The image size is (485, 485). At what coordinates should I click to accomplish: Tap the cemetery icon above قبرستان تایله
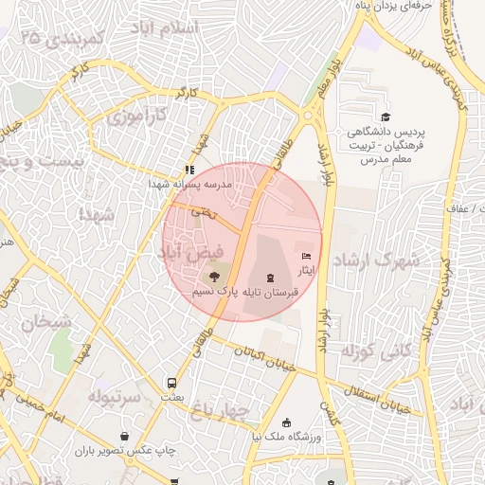272,278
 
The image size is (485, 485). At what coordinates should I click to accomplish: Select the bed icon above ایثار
305,256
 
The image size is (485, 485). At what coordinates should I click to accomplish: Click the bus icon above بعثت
171,384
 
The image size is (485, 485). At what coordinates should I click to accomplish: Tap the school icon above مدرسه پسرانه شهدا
189,171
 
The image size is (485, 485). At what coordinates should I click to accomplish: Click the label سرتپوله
115,395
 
